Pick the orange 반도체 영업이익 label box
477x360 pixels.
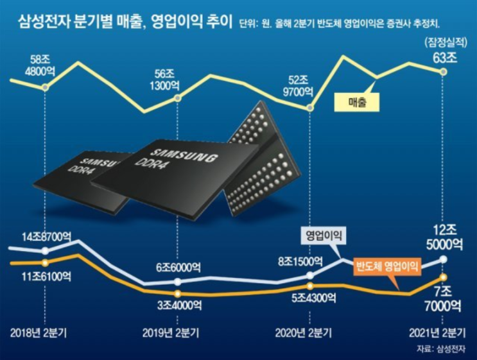point(387,265)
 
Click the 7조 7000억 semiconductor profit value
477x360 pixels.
point(443,296)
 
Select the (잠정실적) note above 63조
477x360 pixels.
point(443,43)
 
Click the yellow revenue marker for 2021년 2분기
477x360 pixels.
point(443,72)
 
